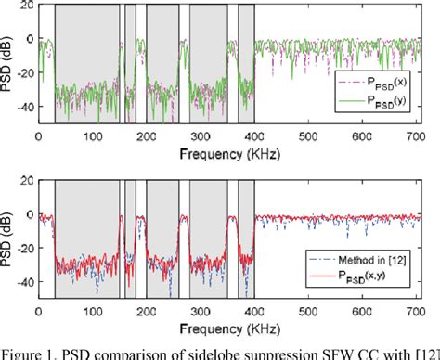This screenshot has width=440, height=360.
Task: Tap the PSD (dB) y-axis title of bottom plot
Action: (7, 237)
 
